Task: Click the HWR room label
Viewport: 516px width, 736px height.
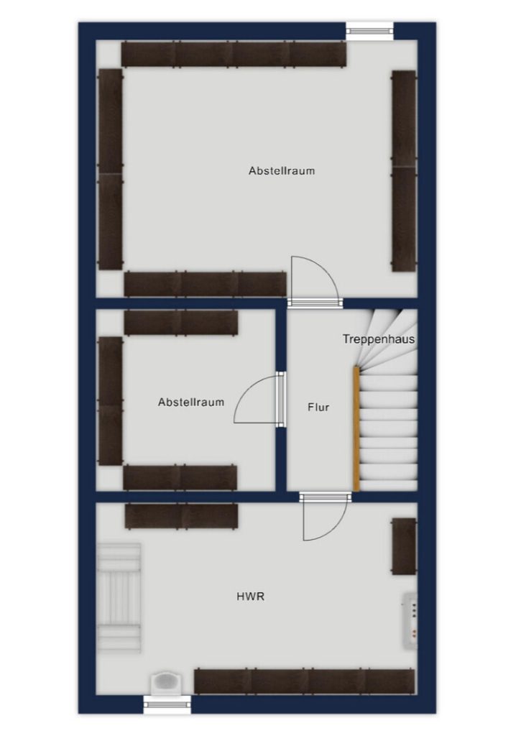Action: click(250, 597)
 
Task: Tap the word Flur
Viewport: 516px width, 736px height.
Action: click(318, 407)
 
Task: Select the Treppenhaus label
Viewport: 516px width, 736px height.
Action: click(379, 339)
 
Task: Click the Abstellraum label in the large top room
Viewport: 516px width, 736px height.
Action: click(282, 170)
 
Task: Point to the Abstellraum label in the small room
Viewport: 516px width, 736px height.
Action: click(190, 402)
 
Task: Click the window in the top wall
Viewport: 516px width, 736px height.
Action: click(369, 31)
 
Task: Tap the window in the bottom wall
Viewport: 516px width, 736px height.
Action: click(167, 704)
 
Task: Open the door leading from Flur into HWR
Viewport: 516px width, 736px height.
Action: click(325, 516)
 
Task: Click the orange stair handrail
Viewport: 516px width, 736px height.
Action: click(356, 429)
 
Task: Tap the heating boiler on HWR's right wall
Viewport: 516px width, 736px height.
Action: click(410, 620)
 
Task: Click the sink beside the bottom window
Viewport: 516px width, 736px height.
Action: click(167, 683)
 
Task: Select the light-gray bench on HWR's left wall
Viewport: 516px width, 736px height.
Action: click(119, 597)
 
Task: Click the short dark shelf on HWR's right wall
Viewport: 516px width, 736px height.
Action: click(405, 546)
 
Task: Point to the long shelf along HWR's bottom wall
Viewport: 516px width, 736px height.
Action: click(305, 681)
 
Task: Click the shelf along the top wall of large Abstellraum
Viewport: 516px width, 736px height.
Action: click(234, 53)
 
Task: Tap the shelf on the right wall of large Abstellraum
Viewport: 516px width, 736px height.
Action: click(405, 171)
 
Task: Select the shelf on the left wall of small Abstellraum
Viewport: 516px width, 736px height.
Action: click(111, 401)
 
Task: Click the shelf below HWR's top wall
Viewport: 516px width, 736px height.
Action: click(181, 516)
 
